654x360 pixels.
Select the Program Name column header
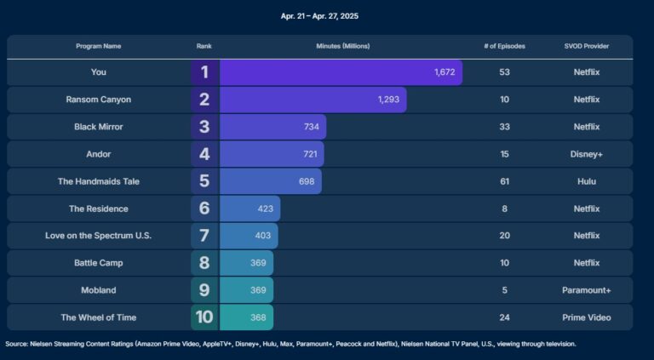[99, 46]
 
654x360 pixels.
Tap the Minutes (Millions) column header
[342, 46]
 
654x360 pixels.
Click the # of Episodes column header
[504, 46]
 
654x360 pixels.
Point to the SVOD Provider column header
[586, 46]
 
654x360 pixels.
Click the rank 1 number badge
[204, 72]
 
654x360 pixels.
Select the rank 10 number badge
[204, 317]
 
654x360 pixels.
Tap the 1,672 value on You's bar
[445, 72]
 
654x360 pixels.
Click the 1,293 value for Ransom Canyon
[388, 100]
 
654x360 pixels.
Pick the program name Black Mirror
[99, 127]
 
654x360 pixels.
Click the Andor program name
[99, 154]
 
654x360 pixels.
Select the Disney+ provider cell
[586, 154]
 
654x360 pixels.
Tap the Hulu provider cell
[586, 181]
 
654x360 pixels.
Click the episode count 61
[504, 181]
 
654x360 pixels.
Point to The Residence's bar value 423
[267, 209]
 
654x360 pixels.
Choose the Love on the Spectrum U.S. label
[99, 236]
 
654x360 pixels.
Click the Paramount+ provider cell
[586, 290]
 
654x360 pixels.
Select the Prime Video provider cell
[586, 317]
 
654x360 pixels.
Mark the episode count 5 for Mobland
[504, 290]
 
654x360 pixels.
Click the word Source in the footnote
[16, 344]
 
